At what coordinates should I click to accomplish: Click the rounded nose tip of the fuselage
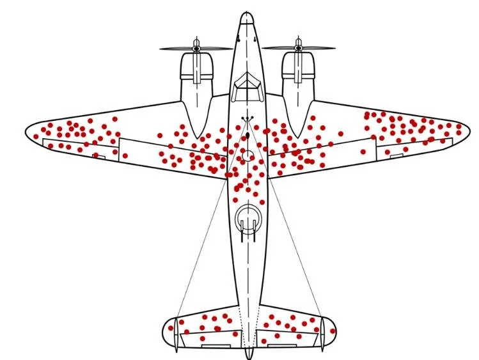(247, 15)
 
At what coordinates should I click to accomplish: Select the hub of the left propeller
(196, 48)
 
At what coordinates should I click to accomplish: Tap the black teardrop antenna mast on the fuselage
(247, 136)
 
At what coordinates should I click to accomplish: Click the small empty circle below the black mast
(247, 155)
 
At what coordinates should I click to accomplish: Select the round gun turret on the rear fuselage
(247, 219)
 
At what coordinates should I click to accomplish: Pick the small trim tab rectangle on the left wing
(99, 155)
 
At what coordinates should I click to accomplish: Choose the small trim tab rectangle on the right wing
(396, 155)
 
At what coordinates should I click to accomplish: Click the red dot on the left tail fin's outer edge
(171, 329)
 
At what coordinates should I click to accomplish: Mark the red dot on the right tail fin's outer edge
(333, 329)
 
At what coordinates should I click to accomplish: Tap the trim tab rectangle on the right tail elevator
(281, 346)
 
